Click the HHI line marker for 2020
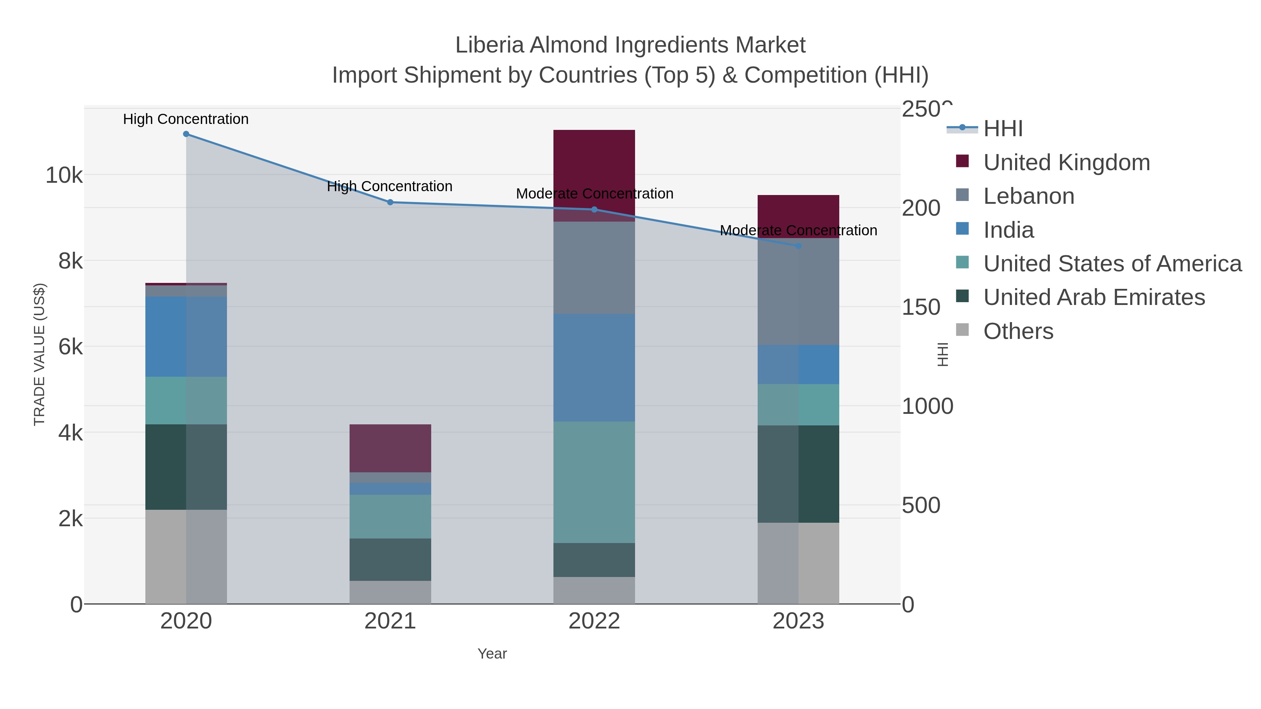pyautogui.click(x=186, y=134)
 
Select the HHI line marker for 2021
pyautogui.click(x=390, y=202)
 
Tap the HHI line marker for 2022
pyautogui.click(x=594, y=209)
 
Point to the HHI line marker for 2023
pyautogui.click(x=798, y=246)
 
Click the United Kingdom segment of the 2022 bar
pyautogui.click(x=594, y=166)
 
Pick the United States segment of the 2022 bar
pyautogui.click(x=594, y=482)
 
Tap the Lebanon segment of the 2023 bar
pyautogui.click(x=798, y=294)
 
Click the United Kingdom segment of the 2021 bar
pyautogui.click(x=390, y=448)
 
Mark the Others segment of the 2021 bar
pyautogui.click(x=390, y=592)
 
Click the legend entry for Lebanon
pyautogui.click(x=1028, y=196)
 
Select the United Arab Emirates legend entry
pyautogui.click(x=1094, y=298)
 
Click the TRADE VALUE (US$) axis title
pyautogui.click(x=39, y=354)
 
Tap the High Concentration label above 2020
pyautogui.click(x=186, y=119)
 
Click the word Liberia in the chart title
pyautogui.click(x=490, y=45)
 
